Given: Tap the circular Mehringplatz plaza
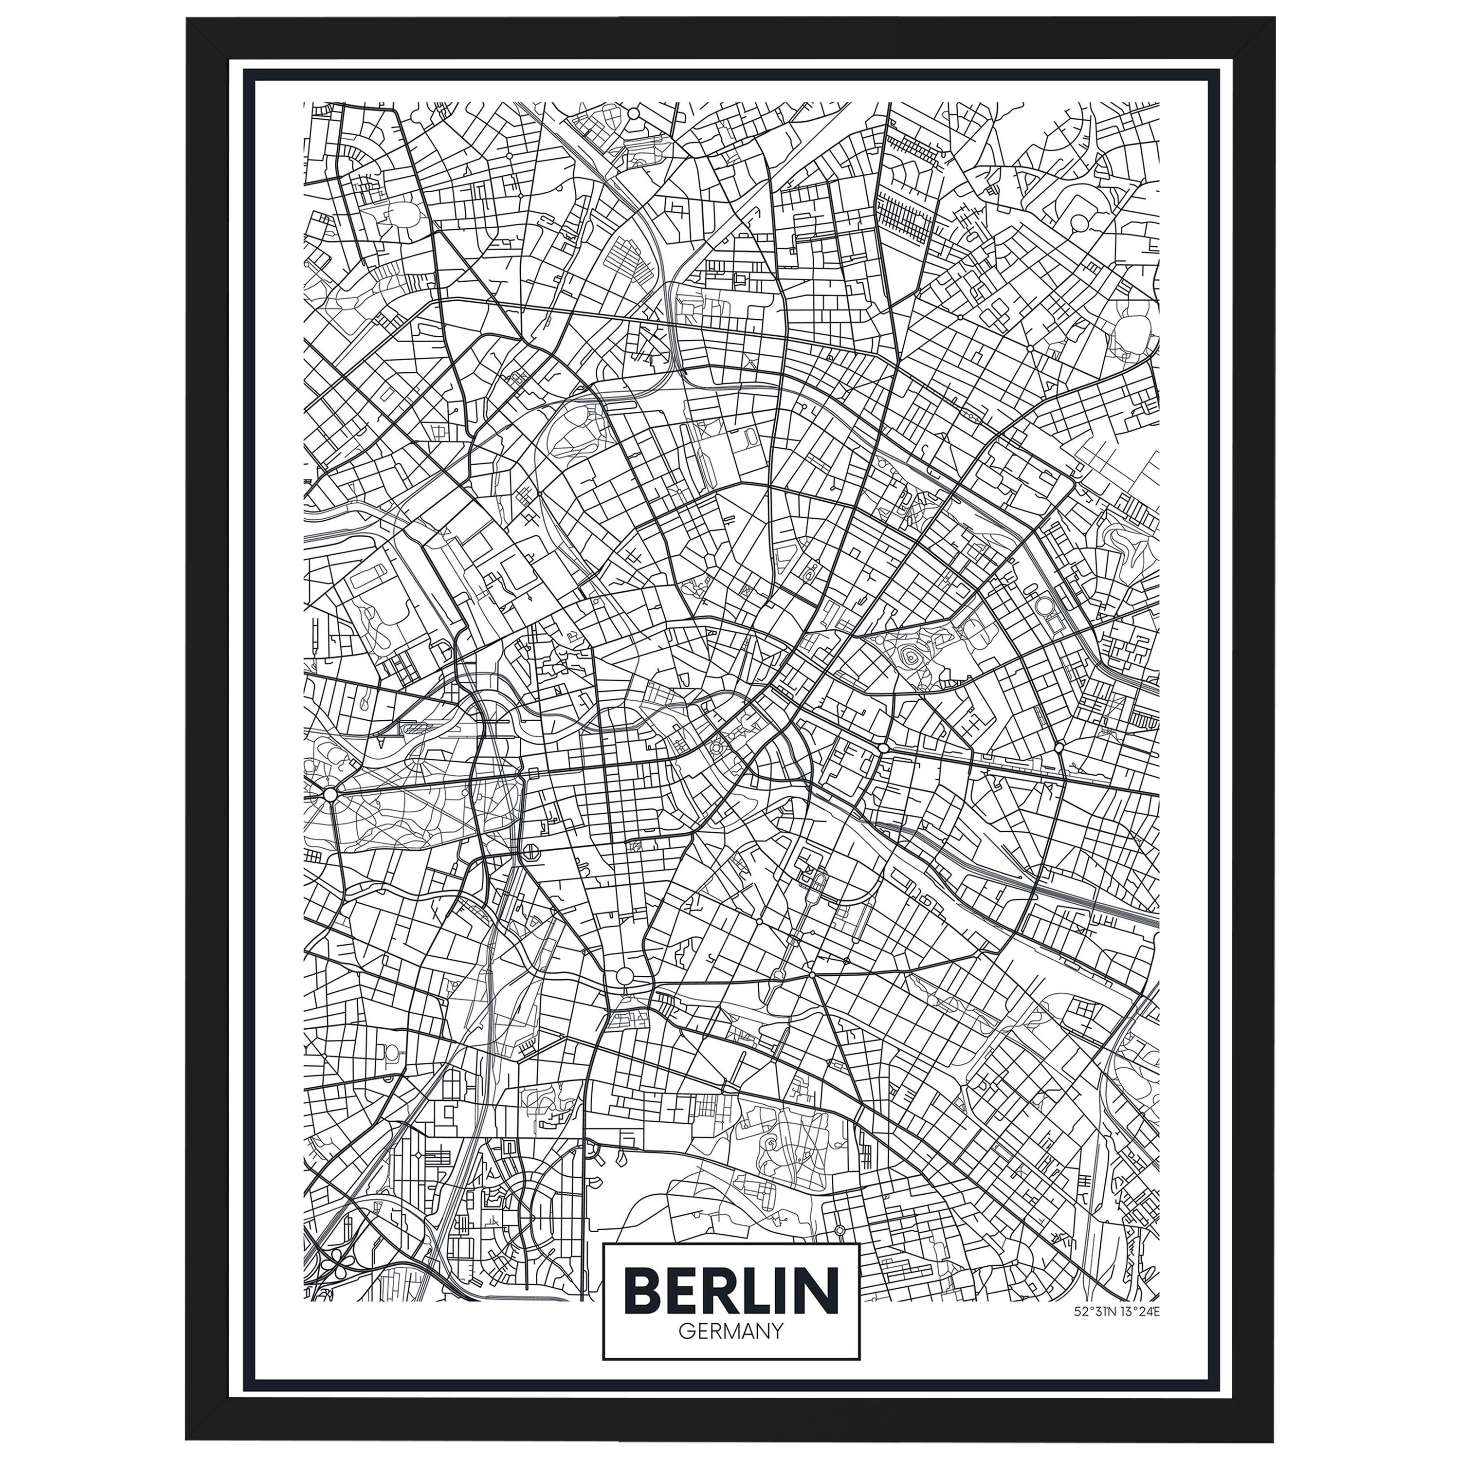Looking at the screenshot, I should point(625,976).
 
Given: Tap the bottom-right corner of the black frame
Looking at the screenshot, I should point(1274,1441).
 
